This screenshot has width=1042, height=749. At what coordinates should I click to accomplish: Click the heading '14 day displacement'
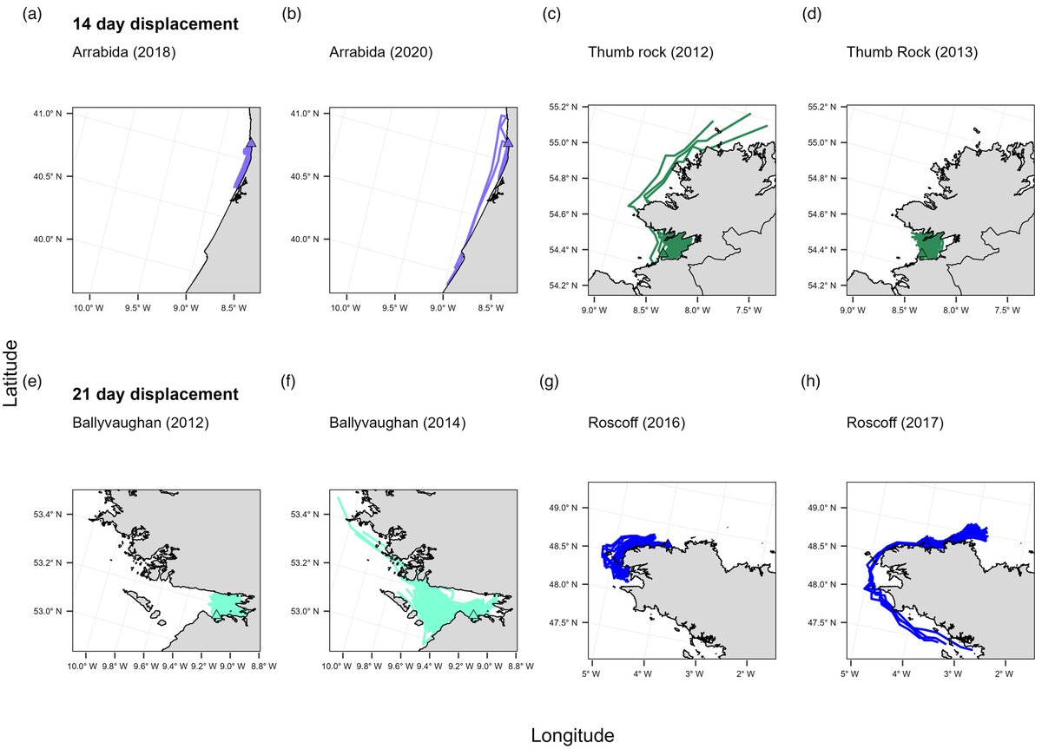155,24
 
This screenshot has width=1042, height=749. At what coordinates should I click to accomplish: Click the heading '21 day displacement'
155,395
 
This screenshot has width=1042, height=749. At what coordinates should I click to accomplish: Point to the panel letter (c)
550,14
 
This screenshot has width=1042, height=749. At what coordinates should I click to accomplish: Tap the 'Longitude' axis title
572,735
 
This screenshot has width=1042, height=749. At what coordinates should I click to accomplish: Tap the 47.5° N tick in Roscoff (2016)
564,622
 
